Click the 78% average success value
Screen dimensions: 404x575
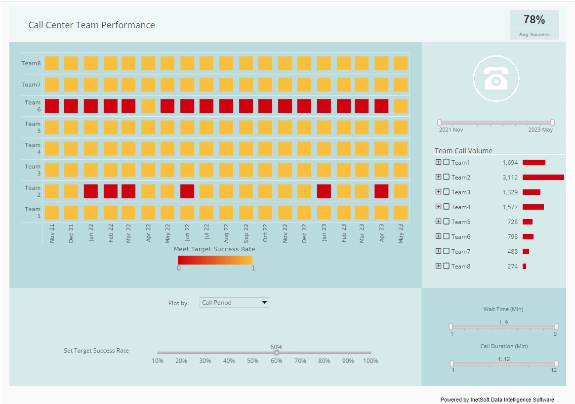534,20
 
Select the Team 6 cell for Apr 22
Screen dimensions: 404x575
148,106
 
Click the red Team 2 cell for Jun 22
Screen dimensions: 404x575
187,191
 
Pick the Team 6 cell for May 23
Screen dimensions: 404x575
401,106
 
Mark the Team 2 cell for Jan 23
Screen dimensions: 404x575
324,191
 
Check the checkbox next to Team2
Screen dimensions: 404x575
447,177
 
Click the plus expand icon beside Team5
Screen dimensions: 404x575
438,222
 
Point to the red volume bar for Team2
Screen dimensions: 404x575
543,177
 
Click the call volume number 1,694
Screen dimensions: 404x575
510,162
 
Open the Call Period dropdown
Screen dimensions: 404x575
234,302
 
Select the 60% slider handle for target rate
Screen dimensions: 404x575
277,353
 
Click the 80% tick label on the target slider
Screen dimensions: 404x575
324,361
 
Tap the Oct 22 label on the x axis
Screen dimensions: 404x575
265,232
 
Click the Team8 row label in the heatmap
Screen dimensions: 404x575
31,63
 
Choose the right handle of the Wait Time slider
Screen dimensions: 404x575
556,326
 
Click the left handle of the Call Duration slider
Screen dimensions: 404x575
452,363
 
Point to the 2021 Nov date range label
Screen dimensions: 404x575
451,130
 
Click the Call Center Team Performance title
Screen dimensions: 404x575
91,25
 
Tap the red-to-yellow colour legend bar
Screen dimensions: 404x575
215,260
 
